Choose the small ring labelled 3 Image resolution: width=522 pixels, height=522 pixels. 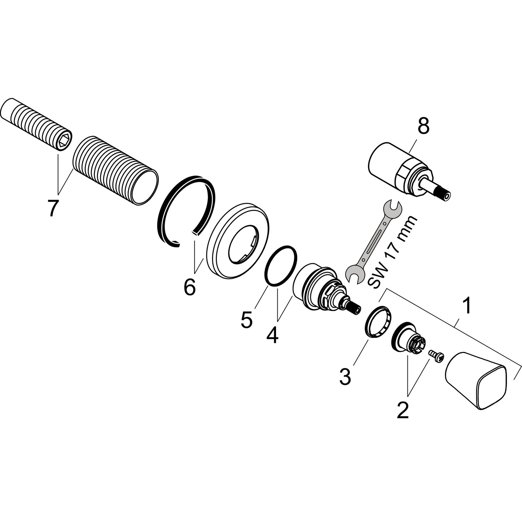point(377,321)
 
